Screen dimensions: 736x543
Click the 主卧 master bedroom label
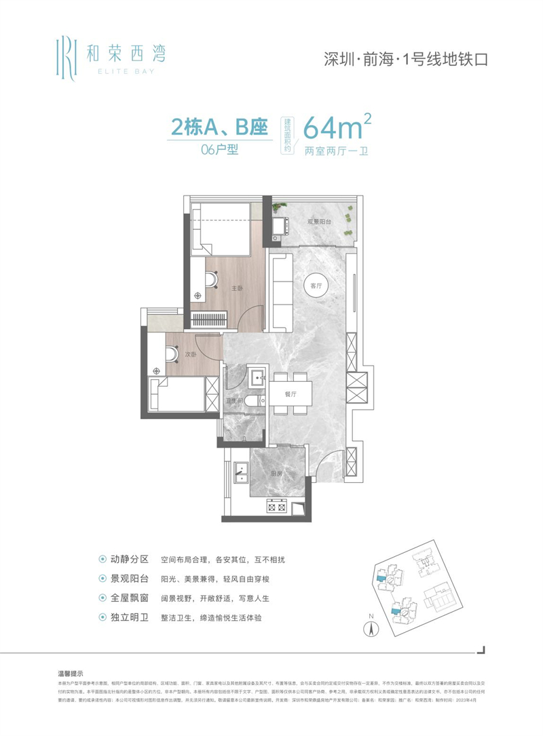pyautogui.click(x=237, y=288)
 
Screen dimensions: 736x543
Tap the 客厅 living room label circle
pyautogui.click(x=316, y=286)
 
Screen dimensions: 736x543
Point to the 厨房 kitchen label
pyautogui.click(x=276, y=474)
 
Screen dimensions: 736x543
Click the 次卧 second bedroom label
pyautogui.click(x=191, y=353)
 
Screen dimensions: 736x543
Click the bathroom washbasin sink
pyautogui.click(x=257, y=377)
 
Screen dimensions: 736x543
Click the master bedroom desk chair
pyautogui.click(x=212, y=278)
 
